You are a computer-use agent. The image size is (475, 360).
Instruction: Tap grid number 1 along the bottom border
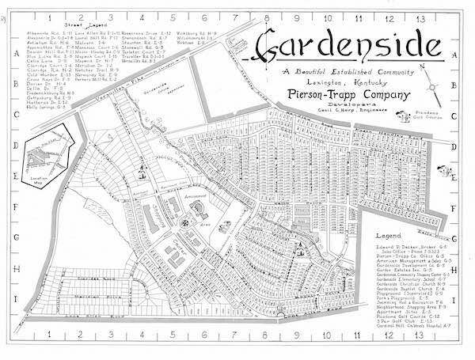click(x=51, y=346)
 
